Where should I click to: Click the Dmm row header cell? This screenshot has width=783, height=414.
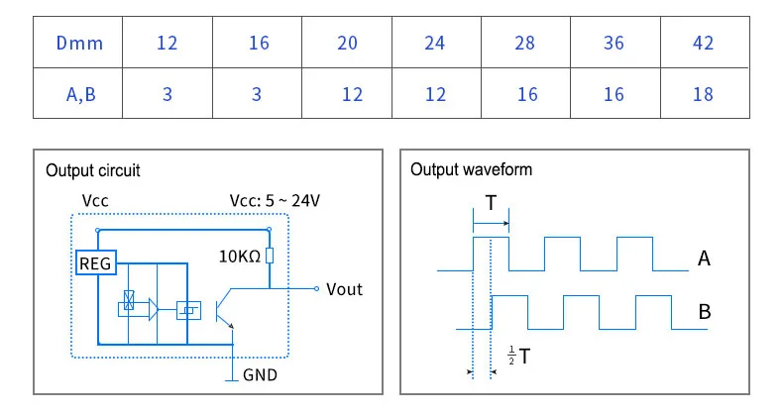pos(78,43)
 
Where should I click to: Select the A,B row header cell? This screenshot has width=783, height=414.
pos(78,93)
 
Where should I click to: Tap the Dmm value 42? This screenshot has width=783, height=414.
pos(703,43)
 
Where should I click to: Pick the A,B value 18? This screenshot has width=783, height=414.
pos(703,94)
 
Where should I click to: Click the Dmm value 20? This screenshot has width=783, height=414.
pos(347,43)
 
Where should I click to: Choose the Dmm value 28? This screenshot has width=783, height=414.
pos(525,43)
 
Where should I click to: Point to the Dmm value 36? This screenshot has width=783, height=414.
pos(614,43)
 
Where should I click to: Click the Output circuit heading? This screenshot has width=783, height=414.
pos(93,170)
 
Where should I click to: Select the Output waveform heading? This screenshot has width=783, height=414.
pos(472,169)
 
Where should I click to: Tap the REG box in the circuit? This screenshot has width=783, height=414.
pos(96,262)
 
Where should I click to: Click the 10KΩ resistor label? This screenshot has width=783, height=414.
pos(240,257)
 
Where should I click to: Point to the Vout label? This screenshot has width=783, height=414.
pos(344,289)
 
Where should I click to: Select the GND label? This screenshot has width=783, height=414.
pos(260,374)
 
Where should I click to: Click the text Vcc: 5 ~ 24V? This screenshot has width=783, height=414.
pos(275,200)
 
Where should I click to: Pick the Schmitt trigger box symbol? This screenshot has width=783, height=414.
pos(188,310)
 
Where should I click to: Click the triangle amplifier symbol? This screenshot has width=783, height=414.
pos(154,310)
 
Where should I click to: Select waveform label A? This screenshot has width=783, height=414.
pos(704,259)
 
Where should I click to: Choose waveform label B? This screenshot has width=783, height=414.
pos(704,312)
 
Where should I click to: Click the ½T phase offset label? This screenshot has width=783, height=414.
pos(518,356)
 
